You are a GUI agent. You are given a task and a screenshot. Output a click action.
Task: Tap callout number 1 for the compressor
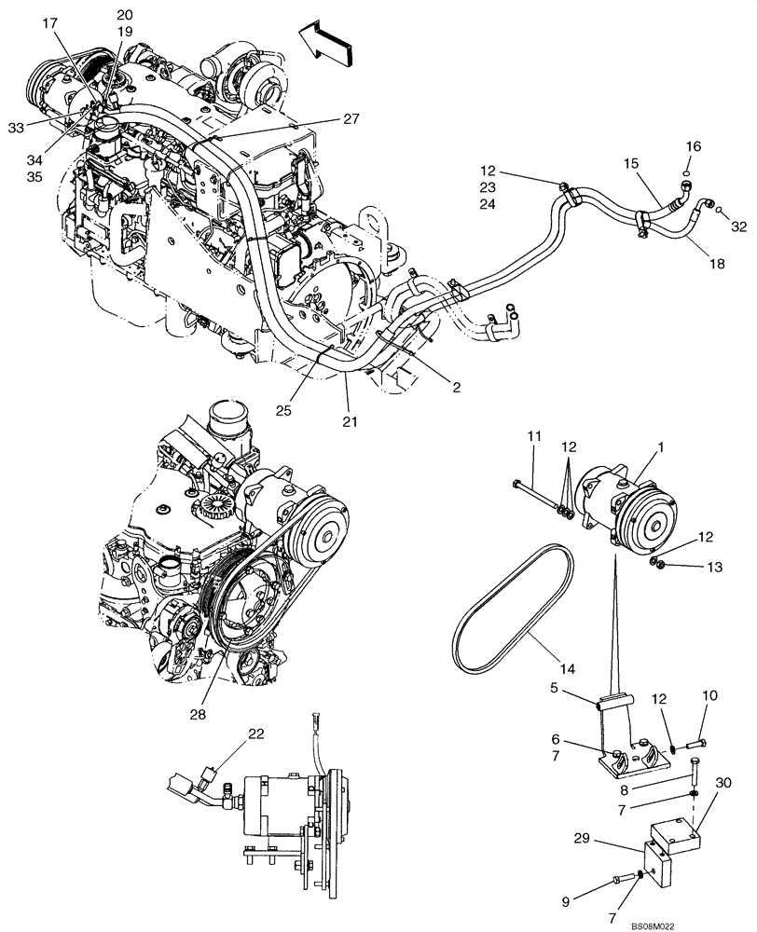[661, 448]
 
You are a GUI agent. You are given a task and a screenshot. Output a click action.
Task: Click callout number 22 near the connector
[256, 733]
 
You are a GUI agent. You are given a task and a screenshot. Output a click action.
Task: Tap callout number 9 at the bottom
[711, 695]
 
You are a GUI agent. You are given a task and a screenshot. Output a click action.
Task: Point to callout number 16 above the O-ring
[693, 146]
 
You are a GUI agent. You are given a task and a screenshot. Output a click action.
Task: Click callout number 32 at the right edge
[739, 226]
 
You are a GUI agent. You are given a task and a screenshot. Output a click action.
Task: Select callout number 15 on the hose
[632, 163]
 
